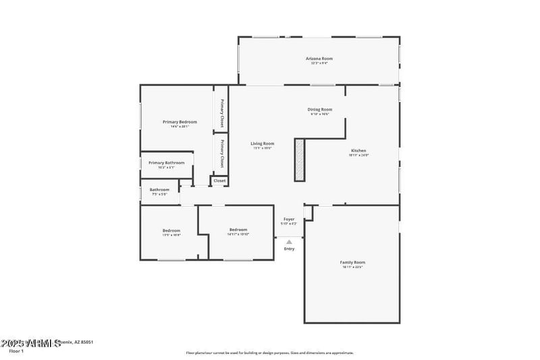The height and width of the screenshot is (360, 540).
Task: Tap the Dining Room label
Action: [320, 109]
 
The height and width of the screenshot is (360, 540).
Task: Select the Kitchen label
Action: [358, 150]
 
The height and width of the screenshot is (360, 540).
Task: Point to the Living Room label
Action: [263, 143]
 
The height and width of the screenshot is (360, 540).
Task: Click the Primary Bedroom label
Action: [180, 122]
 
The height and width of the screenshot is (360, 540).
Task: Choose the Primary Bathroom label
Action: [166, 163]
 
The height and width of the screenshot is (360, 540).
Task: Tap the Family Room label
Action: [352, 262]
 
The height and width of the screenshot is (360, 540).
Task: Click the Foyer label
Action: [289, 220]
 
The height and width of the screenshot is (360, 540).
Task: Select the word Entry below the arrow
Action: [289, 249]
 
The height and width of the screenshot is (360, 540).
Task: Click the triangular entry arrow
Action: [289, 241]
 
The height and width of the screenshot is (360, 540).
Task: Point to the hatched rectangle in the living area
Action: [300, 159]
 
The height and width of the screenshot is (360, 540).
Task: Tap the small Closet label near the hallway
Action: [220, 180]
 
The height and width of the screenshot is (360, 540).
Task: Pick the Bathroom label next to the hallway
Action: [159, 190]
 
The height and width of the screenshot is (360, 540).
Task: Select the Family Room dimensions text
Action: [352, 267]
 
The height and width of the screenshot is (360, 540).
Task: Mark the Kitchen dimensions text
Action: [358, 155]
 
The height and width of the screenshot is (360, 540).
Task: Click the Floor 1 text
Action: [17, 351]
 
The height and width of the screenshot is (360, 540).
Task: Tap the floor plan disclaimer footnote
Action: [269, 353]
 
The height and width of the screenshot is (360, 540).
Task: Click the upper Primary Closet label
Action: [221, 113]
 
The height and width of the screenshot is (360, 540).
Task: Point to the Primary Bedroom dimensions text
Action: [180, 126]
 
